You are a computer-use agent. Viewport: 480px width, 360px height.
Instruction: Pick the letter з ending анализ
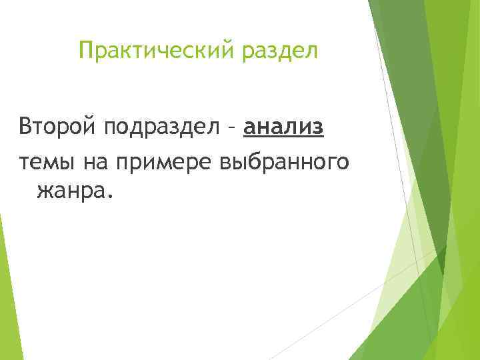[x=318, y=126]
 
